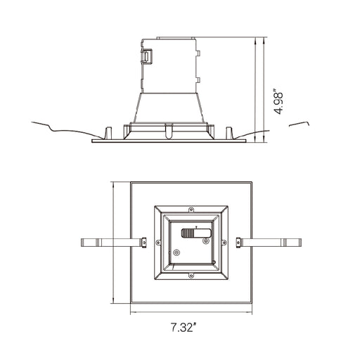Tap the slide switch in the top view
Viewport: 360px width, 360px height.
[196, 232]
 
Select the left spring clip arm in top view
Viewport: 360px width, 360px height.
[112, 243]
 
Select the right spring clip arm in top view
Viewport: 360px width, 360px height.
[271, 243]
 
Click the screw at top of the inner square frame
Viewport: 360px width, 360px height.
[191, 210]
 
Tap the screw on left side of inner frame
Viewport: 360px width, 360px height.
[158, 243]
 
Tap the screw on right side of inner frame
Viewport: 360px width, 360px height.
[224, 243]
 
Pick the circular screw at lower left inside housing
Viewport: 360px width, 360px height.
[176, 252]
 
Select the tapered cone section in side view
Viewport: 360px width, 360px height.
[169, 108]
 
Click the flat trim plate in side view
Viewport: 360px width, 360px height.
[169, 140]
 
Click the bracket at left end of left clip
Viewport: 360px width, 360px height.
[87, 243]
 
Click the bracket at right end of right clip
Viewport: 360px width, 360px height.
[295, 243]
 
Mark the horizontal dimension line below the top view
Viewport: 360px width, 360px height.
[190, 311]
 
